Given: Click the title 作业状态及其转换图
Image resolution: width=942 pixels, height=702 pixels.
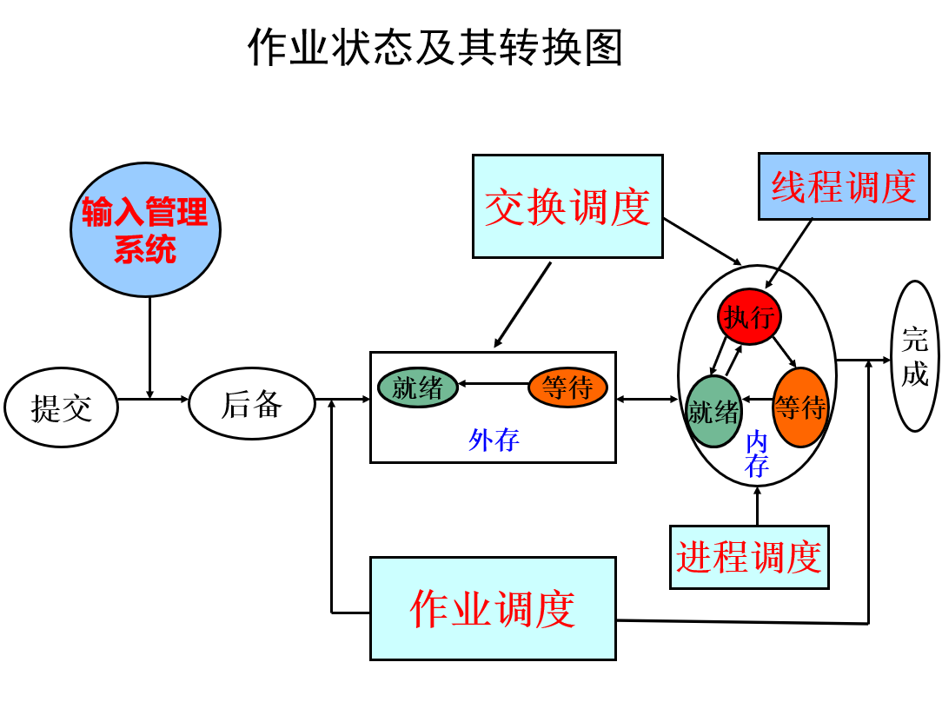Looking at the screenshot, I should tap(435, 48).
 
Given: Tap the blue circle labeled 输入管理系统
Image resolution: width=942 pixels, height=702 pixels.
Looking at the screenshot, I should tap(145, 229).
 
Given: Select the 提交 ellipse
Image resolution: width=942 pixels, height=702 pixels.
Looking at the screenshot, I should tap(61, 407).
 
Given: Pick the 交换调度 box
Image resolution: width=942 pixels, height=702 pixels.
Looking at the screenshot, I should tap(567, 207).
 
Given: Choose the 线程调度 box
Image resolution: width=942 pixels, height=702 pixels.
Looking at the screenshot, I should tap(844, 187).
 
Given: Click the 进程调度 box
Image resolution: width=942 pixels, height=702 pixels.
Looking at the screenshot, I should tap(749, 557).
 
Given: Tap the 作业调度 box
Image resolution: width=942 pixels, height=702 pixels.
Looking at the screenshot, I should tap(493, 608).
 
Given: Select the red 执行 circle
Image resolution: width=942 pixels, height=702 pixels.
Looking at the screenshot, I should tap(749, 316).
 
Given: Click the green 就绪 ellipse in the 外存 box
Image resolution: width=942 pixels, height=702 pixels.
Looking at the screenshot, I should tap(418, 387).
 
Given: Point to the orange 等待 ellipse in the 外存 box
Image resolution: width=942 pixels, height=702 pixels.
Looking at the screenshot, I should tap(567, 387).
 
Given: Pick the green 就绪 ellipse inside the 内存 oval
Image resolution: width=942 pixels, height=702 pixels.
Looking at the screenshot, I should tap(714, 411).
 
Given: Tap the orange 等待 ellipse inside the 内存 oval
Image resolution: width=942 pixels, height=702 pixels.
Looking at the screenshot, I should tap(800, 407).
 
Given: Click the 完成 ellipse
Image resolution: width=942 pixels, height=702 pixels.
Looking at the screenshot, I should tap(915, 355).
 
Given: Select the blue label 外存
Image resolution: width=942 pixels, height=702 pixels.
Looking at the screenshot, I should tap(494, 440).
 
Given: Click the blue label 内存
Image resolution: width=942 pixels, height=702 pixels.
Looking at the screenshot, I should tap(757, 454).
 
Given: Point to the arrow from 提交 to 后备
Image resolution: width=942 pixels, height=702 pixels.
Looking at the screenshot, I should tap(153, 399).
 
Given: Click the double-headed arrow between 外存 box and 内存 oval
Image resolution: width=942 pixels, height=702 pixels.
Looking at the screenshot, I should tap(647, 399).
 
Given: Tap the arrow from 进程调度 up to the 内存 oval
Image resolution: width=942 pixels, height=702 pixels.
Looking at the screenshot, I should tap(757, 506).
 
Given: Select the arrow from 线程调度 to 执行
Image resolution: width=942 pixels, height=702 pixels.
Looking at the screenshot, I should tap(789, 252).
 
